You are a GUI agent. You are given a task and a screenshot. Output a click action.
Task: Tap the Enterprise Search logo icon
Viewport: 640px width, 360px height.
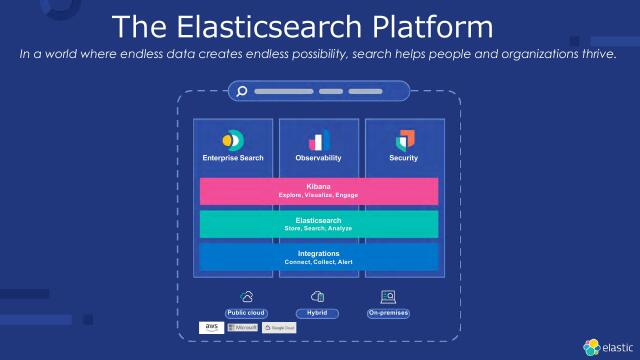(x=233, y=139)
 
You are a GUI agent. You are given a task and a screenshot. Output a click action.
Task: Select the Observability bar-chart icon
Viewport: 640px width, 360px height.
(x=319, y=140)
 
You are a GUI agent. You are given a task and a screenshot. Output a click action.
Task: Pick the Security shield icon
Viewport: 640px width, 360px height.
(x=404, y=140)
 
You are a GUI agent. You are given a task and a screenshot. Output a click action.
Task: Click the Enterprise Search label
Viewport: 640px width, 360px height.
(x=233, y=158)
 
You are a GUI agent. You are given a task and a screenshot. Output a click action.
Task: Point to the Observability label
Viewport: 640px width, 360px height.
(x=319, y=158)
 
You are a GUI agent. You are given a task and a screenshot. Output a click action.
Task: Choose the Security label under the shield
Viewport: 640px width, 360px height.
(x=404, y=158)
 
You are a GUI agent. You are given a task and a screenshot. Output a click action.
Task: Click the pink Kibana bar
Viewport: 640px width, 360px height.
(x=319, y=190)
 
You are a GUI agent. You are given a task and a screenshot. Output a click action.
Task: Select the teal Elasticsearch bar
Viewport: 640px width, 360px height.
(x=319, y=223)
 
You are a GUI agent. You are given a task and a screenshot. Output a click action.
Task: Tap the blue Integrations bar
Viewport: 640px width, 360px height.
(x=319, y=257)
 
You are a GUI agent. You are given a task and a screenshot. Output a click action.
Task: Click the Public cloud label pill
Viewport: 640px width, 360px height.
(x=246, y=313)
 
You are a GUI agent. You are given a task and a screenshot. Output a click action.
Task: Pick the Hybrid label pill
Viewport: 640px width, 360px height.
(x=318, y=313)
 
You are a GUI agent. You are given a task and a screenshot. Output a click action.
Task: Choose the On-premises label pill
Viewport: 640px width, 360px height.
(x=388, y=313)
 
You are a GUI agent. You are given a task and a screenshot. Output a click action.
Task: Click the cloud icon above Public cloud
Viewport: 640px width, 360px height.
(x=246, y=297)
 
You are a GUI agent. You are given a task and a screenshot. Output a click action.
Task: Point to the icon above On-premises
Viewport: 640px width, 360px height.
(x=388, y=297)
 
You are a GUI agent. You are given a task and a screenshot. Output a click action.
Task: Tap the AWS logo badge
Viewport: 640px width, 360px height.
(x=211, y=327)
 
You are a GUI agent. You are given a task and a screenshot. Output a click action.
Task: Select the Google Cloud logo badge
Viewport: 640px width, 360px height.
(x=280, y=327)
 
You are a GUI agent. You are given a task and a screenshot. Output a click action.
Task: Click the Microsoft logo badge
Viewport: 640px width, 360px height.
(x=243, y=327)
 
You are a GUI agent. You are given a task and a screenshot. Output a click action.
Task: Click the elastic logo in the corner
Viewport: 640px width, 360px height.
(x=605, y=346)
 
